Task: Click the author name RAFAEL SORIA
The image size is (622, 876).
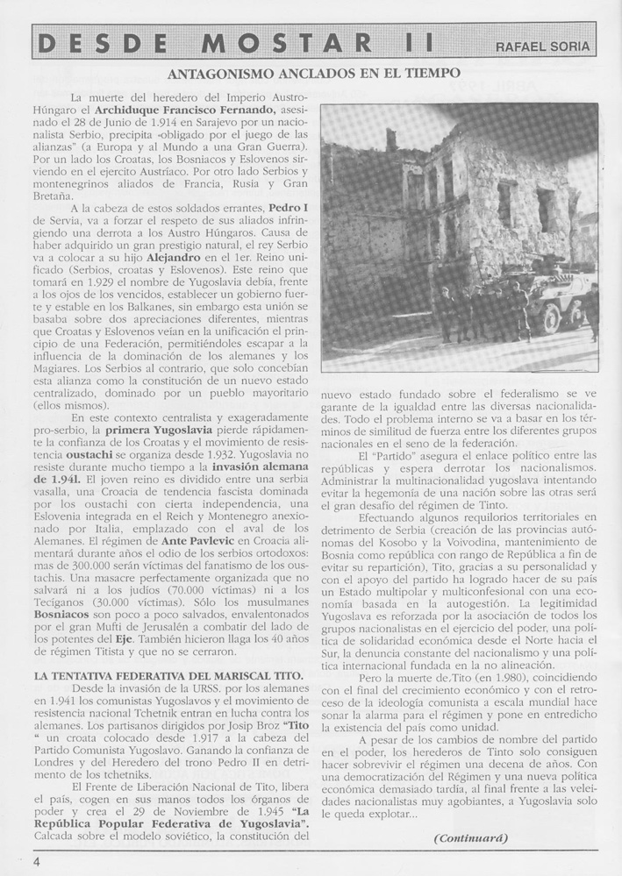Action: (543, 46)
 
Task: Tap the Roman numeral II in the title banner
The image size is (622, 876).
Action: (411, 43)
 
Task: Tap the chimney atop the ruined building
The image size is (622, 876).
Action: (391, 139)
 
